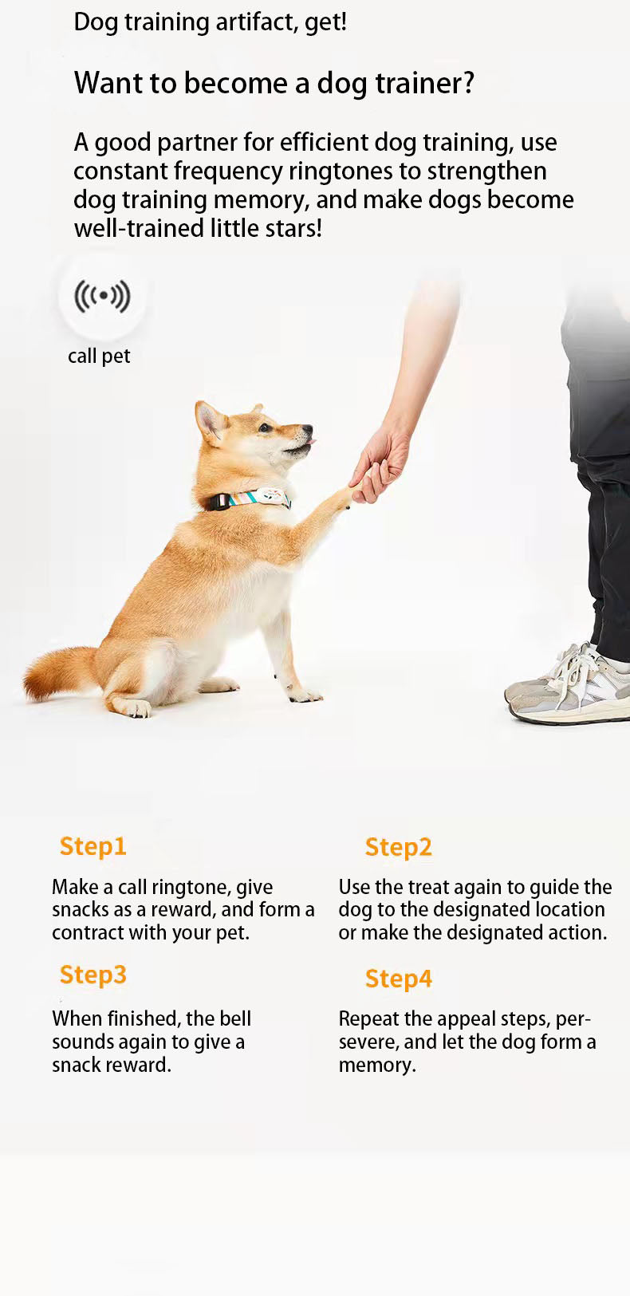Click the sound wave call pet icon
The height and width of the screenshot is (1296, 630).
pyautogui.click(x=102, y=296)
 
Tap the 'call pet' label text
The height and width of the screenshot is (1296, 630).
pyautogui.click(x=99, y=356)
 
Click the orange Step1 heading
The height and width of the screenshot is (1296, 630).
pyautogui.click(x=93, y=847)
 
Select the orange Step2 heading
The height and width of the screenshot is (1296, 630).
pyautogui.click(x=399, y=848)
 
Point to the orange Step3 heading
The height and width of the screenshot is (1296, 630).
pyautogui.click(x=93, y=975)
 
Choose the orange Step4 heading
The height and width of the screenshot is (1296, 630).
pyautogui.click(x=399, y=979)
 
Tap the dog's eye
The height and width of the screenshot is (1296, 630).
pyautogui.click(x=265, y=428)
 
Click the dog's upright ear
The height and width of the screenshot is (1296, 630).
pyautogui.click(x=210, y=421)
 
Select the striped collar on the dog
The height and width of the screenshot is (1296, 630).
pyautogui.click(x=250, y=498)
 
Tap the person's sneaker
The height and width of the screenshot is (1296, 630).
pyautogui.click(x=569, y=687)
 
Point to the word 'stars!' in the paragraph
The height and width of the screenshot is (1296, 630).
pyautogui.click(x=293, y=228)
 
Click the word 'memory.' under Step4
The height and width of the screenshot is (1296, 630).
pyautogui.click(x=377, y=1066)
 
